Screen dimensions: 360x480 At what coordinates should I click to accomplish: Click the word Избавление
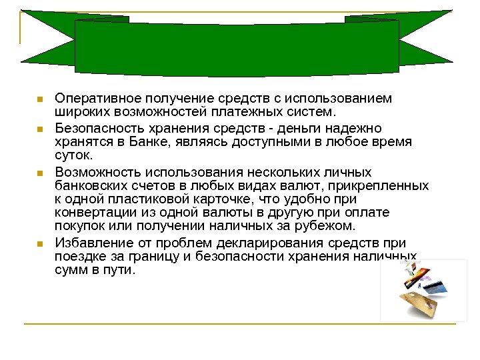(91, 243)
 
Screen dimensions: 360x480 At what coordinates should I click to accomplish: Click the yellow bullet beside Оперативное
(39, 100)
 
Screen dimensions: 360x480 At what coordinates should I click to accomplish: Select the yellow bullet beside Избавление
(39, 243)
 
